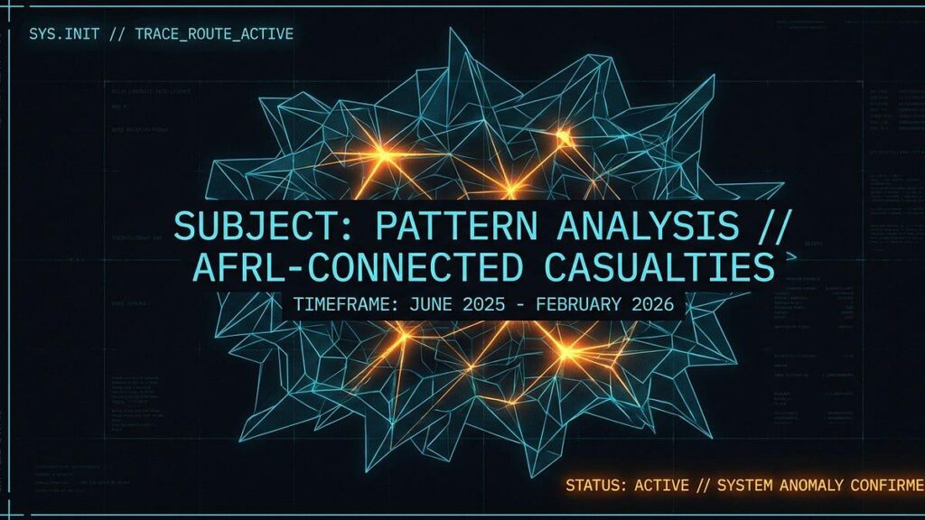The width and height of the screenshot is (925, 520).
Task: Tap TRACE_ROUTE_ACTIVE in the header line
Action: pos(213,34)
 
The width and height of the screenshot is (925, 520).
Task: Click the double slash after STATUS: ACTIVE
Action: pos(704,486)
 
